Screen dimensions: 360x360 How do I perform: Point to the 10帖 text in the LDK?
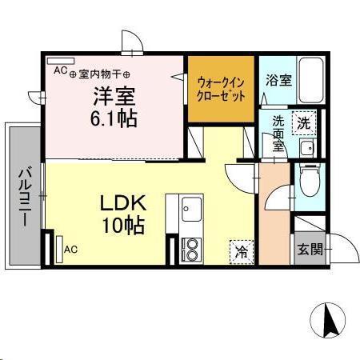pos(122,226)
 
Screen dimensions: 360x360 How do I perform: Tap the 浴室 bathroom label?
pos(278,81)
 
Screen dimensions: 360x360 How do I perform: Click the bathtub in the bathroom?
pos(310,81)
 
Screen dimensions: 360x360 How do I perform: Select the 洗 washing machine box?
pos(303,123)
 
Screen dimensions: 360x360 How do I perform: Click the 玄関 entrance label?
pos(310,249)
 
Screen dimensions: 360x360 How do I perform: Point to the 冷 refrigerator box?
pos(240,250)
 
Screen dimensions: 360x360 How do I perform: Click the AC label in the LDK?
pos(70,250)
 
